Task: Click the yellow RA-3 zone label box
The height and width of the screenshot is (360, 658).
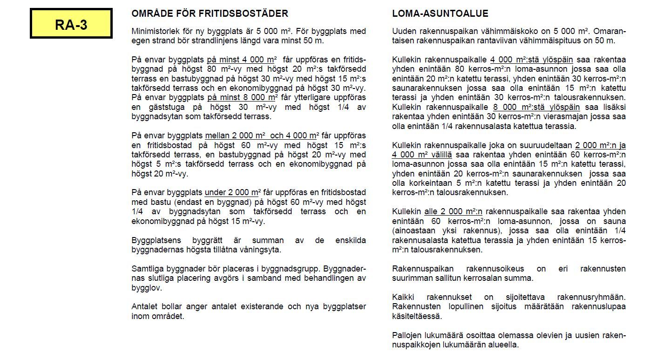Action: tap(71, 24)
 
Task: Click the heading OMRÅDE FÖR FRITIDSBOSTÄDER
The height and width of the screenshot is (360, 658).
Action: tap(210, 14)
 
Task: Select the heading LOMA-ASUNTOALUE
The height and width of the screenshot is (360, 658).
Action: tap(440, 14)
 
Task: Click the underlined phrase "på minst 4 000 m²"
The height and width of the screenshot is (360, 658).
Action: tap(241, 60)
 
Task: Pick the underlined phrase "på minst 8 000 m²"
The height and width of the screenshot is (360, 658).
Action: tap(242, 97)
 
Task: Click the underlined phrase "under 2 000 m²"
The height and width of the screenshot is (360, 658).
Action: tap(231, 192)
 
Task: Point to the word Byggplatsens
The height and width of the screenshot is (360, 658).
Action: tap(153, 240)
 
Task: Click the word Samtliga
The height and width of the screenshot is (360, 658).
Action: tap(146, 269)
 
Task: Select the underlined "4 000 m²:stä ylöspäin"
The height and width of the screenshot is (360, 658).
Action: tap(531, 60)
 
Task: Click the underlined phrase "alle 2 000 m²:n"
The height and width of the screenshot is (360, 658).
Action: tap(453, 211)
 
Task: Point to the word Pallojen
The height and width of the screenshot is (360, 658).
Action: tap(407, 335)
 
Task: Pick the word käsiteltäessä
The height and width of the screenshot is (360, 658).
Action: tap(417, 316)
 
